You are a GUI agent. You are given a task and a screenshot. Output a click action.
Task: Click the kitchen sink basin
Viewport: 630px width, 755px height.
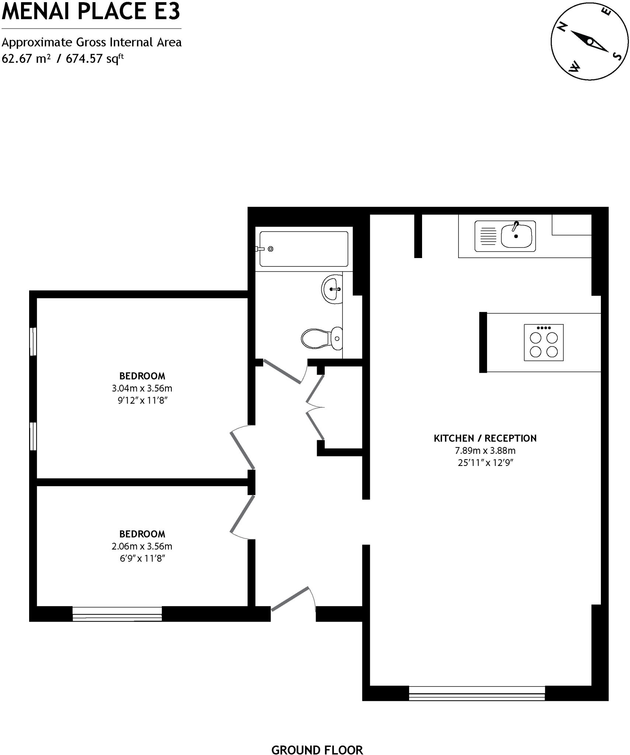coord(516,236)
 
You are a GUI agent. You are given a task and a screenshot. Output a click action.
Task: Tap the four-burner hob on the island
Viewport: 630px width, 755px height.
coord(543,342)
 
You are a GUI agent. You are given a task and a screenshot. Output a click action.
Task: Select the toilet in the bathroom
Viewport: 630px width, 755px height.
coord(321,338)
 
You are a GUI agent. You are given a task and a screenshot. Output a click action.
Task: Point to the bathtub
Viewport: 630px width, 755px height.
coord(304,249)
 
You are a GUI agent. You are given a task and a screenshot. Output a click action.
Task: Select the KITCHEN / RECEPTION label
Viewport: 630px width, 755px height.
coord(485,438)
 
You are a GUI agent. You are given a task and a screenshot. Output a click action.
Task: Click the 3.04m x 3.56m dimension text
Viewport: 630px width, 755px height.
coord(142,388)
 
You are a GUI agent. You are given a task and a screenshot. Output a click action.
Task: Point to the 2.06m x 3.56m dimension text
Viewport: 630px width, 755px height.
coord(142,546)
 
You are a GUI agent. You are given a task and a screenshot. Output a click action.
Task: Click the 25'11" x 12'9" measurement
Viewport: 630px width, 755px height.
coord(485,463)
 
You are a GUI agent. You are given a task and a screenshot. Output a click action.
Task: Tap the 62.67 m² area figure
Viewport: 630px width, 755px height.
coord(26,59)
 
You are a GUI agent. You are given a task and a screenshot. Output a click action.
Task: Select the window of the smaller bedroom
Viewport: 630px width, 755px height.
coord(117,614)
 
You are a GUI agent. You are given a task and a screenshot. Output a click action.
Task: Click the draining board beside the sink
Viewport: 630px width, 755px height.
coord(488,236)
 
